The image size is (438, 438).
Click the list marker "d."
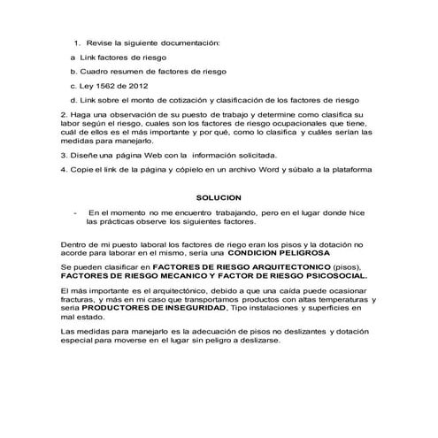[x=72, y=100]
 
